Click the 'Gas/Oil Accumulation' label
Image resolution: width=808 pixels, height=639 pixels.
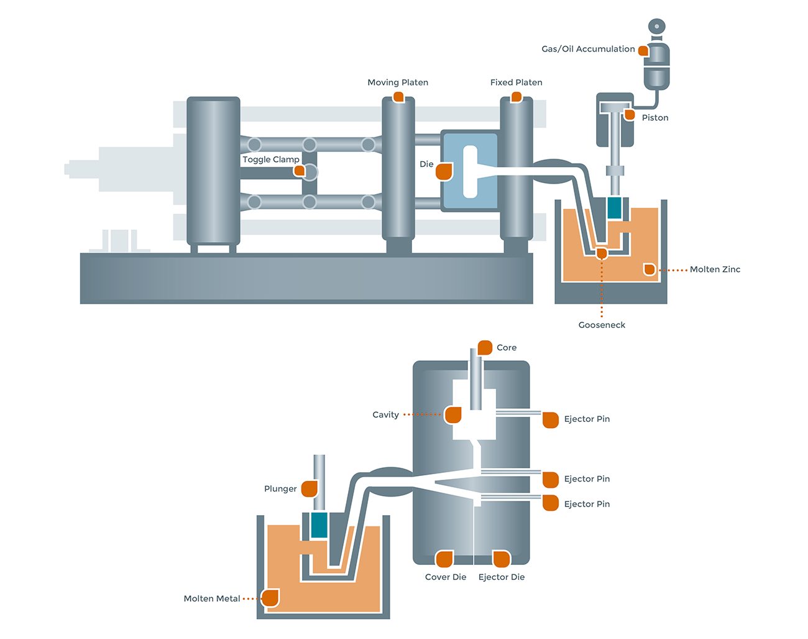(588, 49)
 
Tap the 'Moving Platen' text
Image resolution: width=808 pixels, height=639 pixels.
(398, 82)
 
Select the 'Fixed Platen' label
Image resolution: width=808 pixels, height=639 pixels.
(516, 82)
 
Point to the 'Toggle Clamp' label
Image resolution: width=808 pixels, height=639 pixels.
(270, 159)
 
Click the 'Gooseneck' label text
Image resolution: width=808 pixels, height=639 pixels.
(602, 325)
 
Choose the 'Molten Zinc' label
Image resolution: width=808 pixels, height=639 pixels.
(715, 269)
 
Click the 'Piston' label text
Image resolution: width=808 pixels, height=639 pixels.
(655, 118)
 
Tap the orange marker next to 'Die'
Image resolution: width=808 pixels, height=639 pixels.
(444, 171)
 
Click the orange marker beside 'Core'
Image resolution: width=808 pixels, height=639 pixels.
(485, 347)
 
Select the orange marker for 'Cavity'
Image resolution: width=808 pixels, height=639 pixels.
(453, 414)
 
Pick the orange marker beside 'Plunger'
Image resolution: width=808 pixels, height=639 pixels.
(310, 488)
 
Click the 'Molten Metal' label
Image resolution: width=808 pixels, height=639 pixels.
(212, 599)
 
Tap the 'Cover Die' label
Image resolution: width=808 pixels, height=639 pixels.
(446, 577)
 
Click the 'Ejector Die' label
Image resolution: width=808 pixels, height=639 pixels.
(502, 577)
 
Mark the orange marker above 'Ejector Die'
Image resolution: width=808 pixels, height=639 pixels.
(502, 559)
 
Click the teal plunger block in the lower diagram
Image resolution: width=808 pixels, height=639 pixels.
(319, 525)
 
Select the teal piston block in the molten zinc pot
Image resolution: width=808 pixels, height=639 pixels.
(614, 208)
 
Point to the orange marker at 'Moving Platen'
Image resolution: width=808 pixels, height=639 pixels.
(398, 97)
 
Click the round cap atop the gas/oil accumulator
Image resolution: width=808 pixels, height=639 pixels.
(657, 26)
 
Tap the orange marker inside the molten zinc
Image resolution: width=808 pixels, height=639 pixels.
(650, 269)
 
